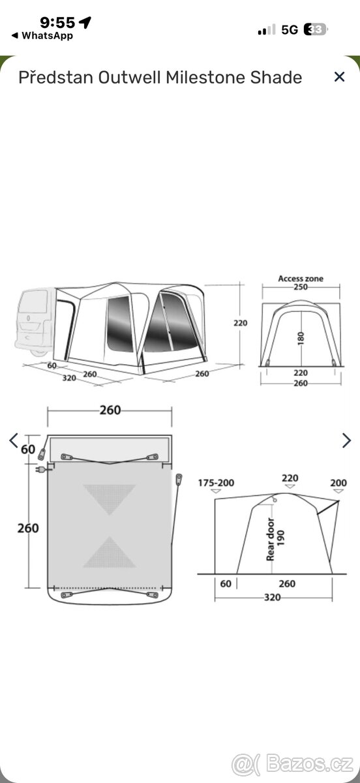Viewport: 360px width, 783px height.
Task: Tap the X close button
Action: point(339,77)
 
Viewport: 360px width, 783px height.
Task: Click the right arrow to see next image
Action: point(346,440)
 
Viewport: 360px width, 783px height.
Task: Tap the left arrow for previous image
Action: point(13,440)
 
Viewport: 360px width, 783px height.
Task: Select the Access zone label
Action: point(301,279)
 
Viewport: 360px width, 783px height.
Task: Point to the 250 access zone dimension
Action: point(301,287)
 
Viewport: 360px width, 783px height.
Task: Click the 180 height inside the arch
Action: point(301,339)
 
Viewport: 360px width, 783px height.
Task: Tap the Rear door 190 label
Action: point(276,539)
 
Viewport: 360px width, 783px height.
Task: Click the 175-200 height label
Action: point(216,483)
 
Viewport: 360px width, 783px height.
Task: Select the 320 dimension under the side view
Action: point(272,597)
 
